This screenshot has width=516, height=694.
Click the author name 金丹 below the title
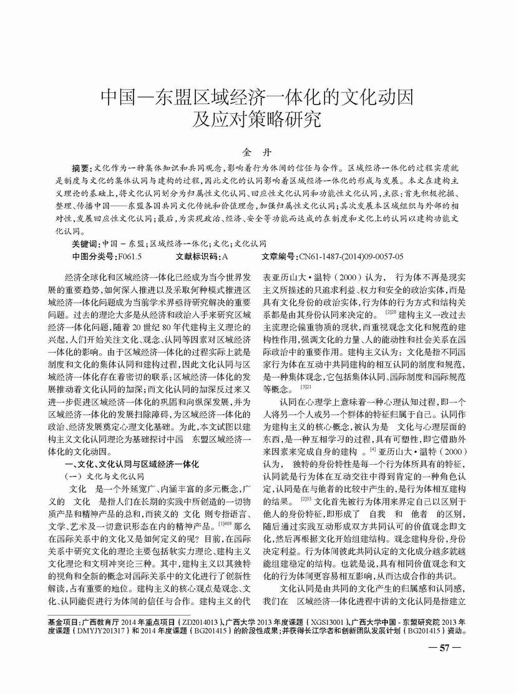258,151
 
